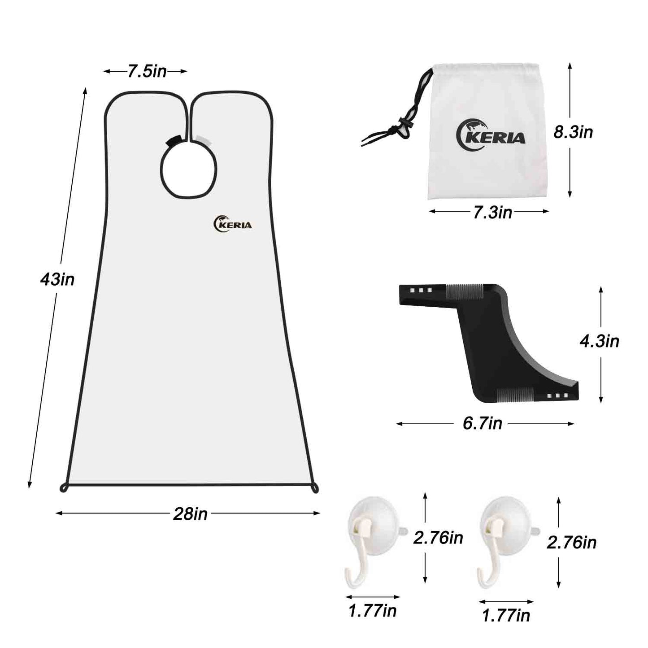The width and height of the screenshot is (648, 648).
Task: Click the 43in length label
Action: tap(57, 280)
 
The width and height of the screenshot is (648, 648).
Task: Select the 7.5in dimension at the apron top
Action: tap(147, 71)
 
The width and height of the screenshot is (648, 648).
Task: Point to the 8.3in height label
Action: tap(573, 132)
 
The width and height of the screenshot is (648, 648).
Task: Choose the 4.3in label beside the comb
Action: tap(599, 341)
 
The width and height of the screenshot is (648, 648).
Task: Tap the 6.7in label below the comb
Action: tap(483, 423)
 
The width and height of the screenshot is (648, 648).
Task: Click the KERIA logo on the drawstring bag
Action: tap(491, 135)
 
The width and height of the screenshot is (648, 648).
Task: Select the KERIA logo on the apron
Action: tap(232, 224)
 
